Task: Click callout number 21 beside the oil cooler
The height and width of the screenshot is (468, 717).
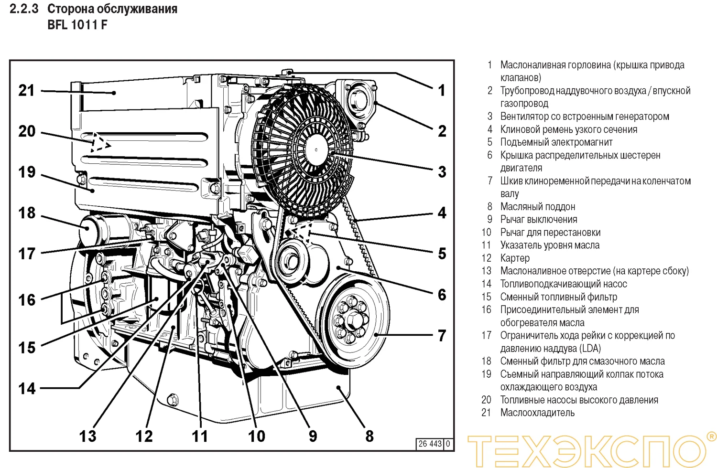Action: point(27,90)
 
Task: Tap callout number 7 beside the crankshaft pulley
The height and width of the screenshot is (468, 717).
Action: point(442,335)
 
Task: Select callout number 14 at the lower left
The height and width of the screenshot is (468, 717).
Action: point(27,388)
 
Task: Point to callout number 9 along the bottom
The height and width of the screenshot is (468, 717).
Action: point(313,436)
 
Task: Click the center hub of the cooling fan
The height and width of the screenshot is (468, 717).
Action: point(316,149)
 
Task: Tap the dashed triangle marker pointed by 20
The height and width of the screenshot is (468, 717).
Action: point(99,143)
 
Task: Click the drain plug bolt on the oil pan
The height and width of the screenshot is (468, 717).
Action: point(173,399)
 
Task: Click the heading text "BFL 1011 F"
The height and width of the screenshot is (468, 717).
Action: point(77,25)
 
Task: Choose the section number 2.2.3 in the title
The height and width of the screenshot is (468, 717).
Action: point(24,9)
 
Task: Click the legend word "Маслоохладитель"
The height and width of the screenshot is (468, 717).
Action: point(537,413)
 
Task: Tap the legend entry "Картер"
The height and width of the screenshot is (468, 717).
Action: point(515,258)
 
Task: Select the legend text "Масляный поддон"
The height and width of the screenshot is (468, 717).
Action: point(537,207)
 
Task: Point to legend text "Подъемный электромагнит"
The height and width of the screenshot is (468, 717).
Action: point(556,142)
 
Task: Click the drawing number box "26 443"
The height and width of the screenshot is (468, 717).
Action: point(430,444)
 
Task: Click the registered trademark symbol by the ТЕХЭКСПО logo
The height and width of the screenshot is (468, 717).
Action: point(711,436)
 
